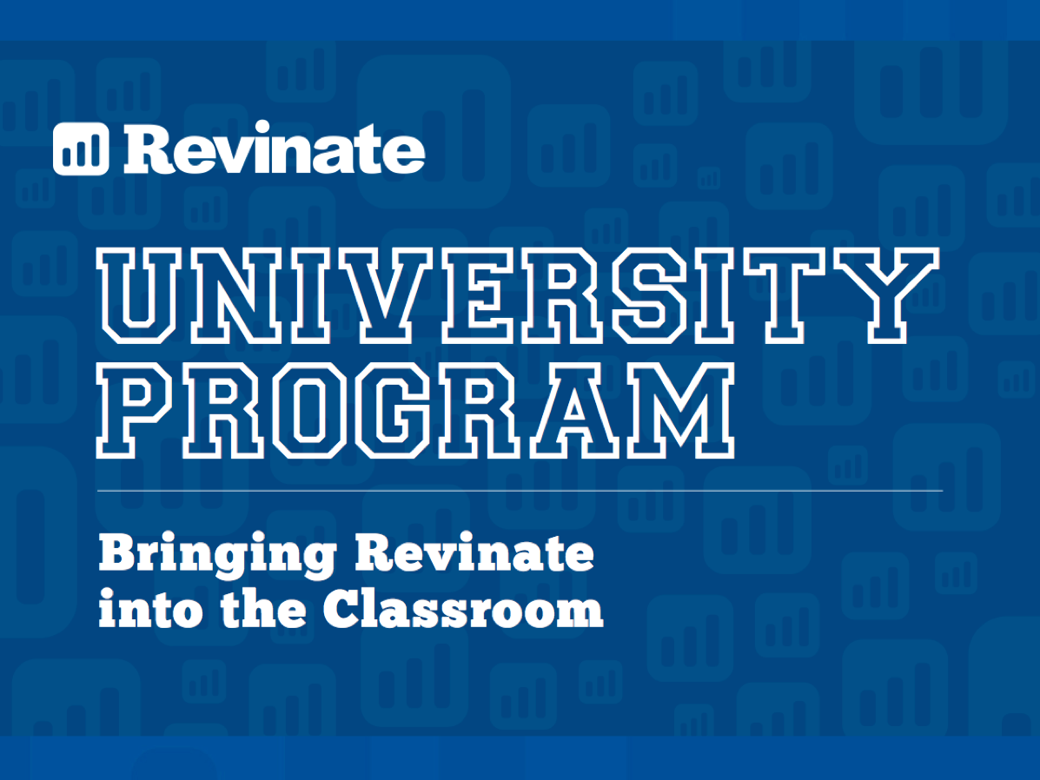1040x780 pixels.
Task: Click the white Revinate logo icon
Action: coord(81,149)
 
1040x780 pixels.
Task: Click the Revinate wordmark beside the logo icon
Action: coord(275,148)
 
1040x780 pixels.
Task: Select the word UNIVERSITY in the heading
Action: coord(517,295)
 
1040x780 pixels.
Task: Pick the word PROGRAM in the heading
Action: coord(415,411)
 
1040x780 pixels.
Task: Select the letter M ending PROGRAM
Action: coord(682,411)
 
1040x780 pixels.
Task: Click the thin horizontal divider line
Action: coord(520,491)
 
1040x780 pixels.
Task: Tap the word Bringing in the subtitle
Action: coord(217,554)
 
